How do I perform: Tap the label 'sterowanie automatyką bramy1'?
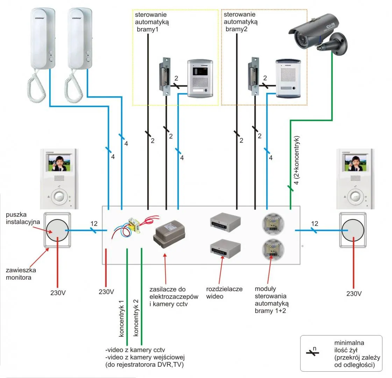[151, 22]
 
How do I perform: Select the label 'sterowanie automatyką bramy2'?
[240, 22]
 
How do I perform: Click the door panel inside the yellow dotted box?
[200, 78]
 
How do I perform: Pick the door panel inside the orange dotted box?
[288, 78]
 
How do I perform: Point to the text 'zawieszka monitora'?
[21, 274]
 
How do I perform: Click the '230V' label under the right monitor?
[354, 294]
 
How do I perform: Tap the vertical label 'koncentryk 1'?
[121, 318]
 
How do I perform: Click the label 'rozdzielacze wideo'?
[224, 293]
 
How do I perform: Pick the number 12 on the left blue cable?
[94, 224]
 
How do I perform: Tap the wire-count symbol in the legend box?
[313, 352]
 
